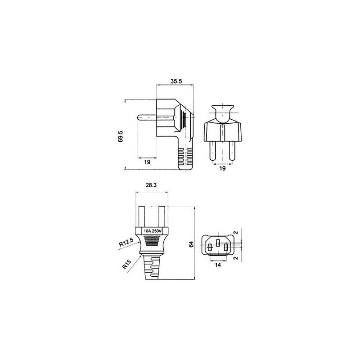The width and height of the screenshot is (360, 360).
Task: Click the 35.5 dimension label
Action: click(x=176, y=81)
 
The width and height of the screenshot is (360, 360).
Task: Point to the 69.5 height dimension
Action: click(x=121, y=136)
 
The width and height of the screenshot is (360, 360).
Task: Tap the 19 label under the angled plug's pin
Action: click(x=147, y=162)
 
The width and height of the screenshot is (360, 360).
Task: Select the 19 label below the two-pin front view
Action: click(x=222, y=168)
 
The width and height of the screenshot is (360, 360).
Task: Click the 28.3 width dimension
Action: click(x=151, y=185)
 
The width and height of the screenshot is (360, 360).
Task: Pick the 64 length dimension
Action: click(x=191, y=244)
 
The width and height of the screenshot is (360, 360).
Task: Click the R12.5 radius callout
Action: click(x=126, y=243)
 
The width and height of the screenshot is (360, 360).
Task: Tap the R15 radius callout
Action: click(x=126, y=264)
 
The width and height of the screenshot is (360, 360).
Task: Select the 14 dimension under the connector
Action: click(x=218, y=265)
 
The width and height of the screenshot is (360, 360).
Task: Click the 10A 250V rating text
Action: click(x=153, y=231)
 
